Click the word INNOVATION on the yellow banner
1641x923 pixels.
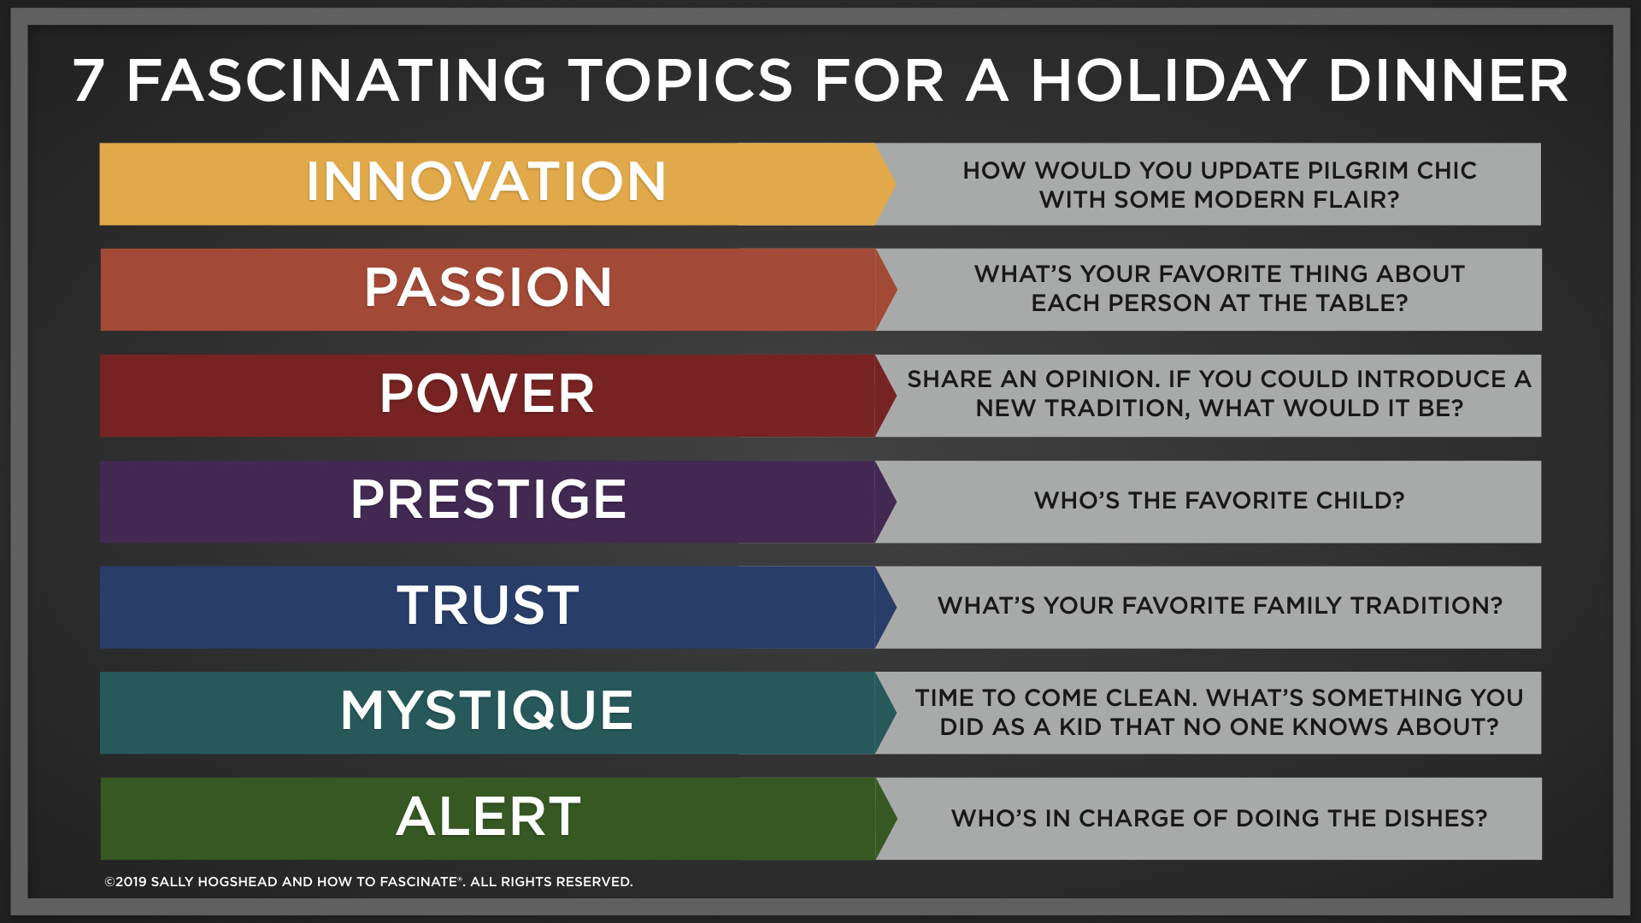point(486,181)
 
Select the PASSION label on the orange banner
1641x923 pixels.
point(488,287)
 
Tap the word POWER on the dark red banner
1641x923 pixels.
point(487,393)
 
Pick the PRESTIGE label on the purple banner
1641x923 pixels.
point(488,499)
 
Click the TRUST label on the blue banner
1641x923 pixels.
point(488,605)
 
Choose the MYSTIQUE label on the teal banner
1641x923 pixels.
point(487,710)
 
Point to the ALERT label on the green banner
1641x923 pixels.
point(488,816)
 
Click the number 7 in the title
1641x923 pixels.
point(88,81)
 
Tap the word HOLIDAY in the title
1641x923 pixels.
point(1168,81)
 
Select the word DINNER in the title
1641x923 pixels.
point(1449,81)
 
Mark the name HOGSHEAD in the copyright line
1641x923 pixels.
point(238,882)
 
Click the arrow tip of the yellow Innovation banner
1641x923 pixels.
point(895,184)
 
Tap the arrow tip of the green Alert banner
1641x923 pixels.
point(896,819)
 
